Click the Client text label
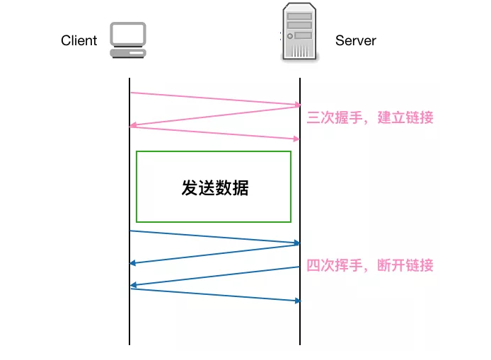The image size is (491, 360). click(79, 40)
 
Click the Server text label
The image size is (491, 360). click(355, 40)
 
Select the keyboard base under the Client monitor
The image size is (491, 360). click(128, 52)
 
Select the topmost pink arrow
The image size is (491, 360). click(214, 98)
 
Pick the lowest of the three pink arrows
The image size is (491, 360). click(214, 133)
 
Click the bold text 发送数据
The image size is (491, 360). click(215, 188)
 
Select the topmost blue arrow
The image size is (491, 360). click(214, 237)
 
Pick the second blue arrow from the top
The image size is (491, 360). click(214, 254)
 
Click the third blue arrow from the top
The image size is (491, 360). click(214, 277)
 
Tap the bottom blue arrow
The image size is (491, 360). click(214, 295)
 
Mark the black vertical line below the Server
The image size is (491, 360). click(300, 325)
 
